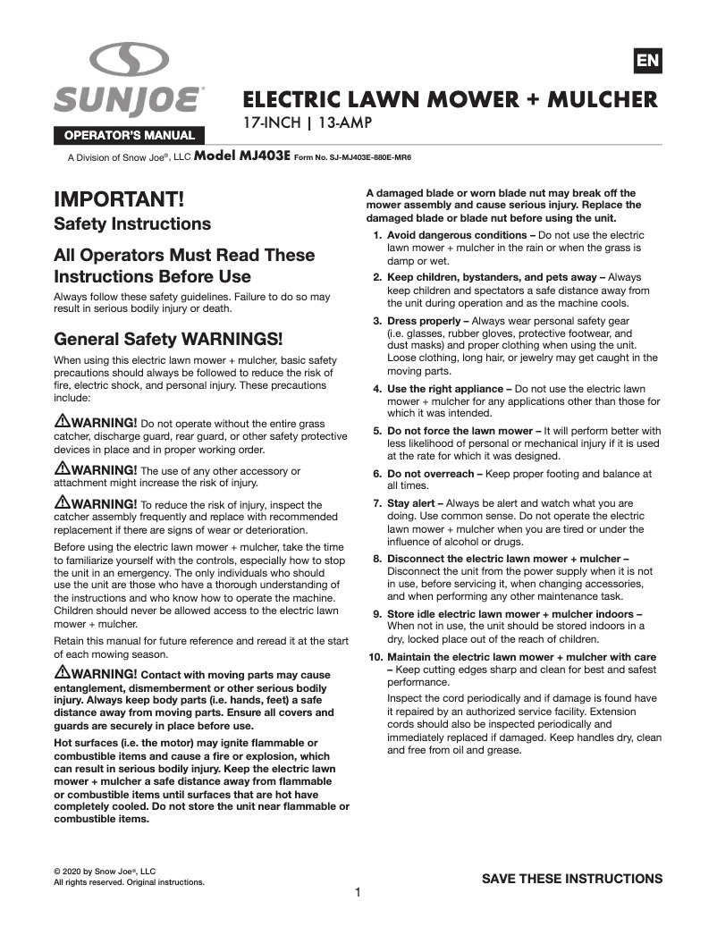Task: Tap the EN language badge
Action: click(647, 61)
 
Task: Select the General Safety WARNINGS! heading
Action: click(168, 339)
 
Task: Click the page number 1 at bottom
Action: click(358, 892)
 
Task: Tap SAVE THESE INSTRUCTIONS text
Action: click(572, 879)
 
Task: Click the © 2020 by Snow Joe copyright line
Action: click(105, 871)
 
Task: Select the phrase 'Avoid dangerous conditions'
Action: click(455, 235)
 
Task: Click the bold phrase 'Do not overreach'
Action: click(432, 474)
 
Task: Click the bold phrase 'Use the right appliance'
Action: click(445, 389)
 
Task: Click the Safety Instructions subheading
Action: click(132, 223)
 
